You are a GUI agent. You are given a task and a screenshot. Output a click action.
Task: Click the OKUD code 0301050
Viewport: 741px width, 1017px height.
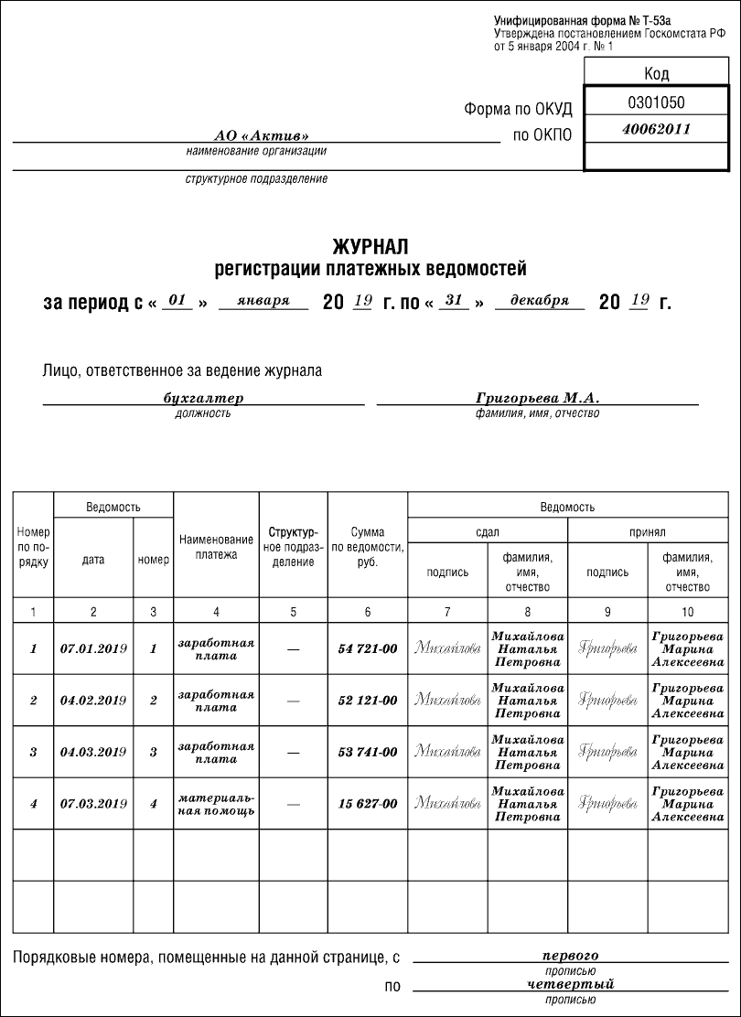[656, 102]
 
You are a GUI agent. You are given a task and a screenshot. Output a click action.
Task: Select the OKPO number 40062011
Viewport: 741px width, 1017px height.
[656, 130]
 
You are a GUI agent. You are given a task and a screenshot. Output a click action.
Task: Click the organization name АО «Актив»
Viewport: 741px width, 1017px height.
[255, 135]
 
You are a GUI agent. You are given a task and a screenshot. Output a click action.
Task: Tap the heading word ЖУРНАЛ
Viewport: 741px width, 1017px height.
[370, 247]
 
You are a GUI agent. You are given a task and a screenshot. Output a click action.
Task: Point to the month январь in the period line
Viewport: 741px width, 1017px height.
[263, 300]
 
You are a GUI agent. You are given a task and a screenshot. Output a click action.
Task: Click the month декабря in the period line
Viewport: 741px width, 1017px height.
[540, 300]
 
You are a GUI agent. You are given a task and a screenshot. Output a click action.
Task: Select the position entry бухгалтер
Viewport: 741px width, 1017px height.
[203, 399]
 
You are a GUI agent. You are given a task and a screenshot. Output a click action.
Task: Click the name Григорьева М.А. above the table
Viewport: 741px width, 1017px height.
[537, 399]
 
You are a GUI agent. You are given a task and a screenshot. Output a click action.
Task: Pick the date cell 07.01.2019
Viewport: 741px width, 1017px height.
[93, 648]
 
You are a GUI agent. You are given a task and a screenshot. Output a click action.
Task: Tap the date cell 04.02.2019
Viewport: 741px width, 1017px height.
[93, 701]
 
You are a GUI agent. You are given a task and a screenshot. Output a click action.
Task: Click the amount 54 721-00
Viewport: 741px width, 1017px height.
[368, 648]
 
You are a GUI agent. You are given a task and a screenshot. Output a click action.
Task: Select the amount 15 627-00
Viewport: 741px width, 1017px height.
[368, 804]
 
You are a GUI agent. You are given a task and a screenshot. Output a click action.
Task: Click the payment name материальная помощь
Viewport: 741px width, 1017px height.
[216, 804]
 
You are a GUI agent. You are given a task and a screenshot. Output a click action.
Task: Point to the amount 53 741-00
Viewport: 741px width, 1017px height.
[368, 753]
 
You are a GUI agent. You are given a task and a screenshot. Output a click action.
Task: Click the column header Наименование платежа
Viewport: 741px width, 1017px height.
[216, 547]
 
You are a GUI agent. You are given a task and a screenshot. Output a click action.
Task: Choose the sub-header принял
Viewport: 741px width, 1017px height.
[647, 531]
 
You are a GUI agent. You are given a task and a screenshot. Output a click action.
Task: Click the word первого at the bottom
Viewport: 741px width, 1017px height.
[570, 956]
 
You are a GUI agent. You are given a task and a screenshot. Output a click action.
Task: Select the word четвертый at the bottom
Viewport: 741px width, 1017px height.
[570, 985]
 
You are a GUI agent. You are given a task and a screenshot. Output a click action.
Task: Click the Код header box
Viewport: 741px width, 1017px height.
[656, 73]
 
